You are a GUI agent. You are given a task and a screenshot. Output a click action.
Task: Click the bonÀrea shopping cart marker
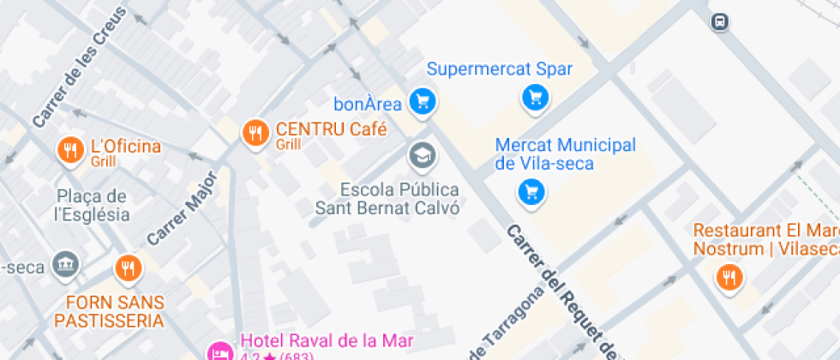421,103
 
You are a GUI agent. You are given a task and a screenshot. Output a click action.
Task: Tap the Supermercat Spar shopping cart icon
536,98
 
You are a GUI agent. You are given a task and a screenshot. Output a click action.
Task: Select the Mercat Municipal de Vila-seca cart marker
531,191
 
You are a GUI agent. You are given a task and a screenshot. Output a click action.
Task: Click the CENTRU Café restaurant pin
254,133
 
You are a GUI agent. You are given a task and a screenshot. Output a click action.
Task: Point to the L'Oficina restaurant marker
70,151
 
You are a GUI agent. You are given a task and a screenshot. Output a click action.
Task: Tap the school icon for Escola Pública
421,155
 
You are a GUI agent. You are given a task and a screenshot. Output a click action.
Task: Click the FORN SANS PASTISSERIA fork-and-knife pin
129,268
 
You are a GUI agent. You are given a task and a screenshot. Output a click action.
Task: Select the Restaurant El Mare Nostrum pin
730,277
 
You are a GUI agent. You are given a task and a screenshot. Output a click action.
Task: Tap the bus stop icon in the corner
721,21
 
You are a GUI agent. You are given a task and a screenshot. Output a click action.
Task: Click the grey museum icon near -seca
64,264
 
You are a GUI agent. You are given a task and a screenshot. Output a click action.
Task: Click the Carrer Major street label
182,207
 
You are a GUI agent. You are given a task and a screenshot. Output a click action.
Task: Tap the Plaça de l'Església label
92,206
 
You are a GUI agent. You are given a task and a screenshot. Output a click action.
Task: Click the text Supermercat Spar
499,69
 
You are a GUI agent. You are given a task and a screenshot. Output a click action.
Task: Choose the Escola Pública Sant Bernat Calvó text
387,198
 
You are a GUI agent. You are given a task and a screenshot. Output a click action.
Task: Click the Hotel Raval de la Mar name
327,341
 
